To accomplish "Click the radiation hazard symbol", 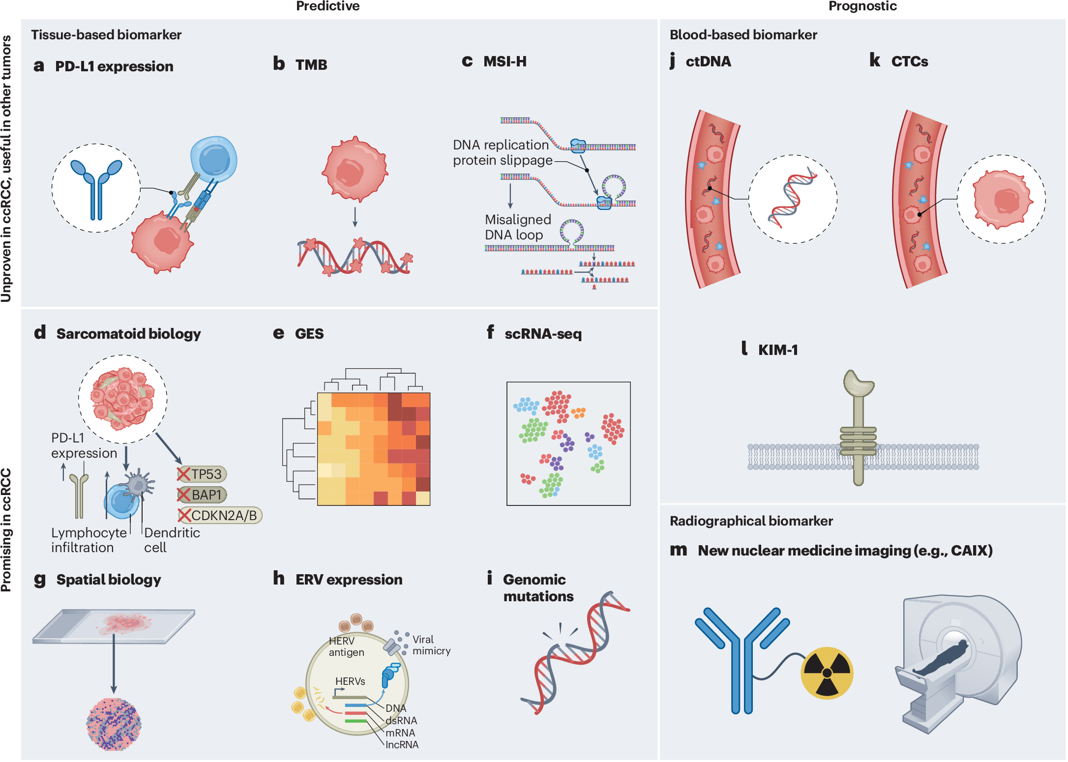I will (827, 673).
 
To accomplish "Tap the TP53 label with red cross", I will (202, 474).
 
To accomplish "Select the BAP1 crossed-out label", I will (202, 495).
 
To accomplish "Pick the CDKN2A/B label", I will (219, 515).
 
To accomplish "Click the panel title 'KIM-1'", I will (777, 350).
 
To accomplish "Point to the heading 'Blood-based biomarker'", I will (743, 35).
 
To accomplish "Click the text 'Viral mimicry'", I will (431, 645).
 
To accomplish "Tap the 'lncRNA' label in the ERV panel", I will (402, 745).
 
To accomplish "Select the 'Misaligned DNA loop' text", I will (517, 227).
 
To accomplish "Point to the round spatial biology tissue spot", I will (114, 724).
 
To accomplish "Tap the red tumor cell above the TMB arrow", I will (355, 169).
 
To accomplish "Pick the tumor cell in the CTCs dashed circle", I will (1001, 199).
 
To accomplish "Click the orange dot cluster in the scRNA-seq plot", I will (578, 412).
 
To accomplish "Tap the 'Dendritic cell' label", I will (172, 540).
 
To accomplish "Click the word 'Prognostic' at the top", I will (862, 6).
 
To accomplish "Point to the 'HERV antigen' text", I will (346, 646).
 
